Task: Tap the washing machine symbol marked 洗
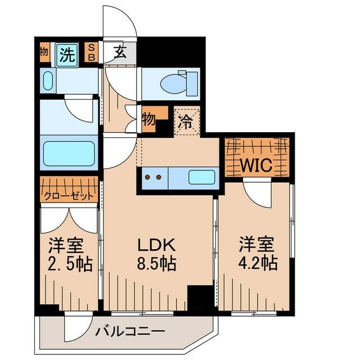[67, 55]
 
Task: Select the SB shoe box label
[91, 52]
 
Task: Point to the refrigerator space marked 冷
[187, 121]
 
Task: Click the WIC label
[256, 165]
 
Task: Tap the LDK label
[156, 245]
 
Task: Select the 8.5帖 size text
[156, 263]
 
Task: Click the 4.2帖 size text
[258, 263]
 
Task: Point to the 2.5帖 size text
[70, 264]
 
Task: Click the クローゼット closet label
[69, 196]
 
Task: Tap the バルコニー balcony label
[130, 332]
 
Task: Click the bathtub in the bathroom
[69, 154]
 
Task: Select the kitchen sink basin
[202, 177]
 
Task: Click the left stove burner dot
[147, 177]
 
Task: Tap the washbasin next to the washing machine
[48, 80]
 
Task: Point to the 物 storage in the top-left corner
[44, 52]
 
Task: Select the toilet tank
[192, 84]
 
